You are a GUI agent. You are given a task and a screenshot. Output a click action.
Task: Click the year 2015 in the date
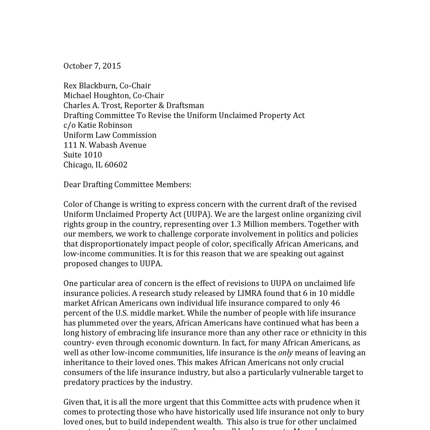[x=112, y=66]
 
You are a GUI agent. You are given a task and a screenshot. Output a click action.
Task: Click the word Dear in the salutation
[x=72, y=185]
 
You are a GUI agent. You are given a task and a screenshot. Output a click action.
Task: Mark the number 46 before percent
[x=335, y=303]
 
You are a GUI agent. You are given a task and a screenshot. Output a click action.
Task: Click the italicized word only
[x=285, y=353]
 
